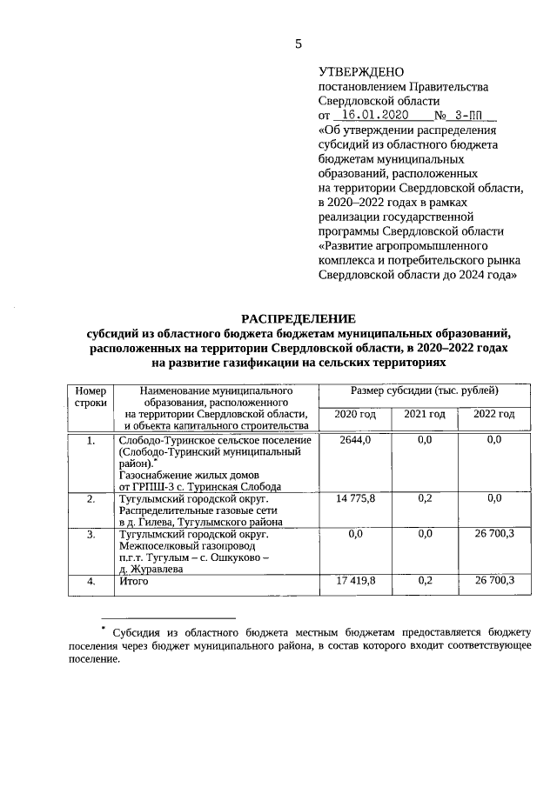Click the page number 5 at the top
pos(299,45)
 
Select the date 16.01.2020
pos(375,115)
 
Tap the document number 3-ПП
pos(470,115)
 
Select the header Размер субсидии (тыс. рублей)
pos(425,392)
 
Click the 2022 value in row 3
pos(493,533)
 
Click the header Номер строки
pos(91,398)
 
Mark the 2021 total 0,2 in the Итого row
pos(425,580)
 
